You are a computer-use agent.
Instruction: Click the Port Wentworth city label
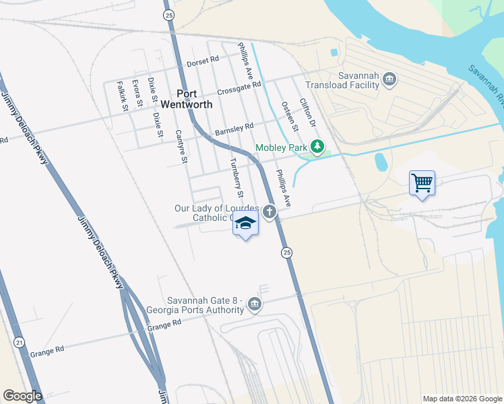tap(195, 99)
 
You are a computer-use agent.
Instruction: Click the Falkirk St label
tap(122, 95)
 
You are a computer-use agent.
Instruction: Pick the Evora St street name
tap(137, 93)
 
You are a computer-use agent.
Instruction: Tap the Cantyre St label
tap(180, 147)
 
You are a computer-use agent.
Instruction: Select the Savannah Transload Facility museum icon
tap(389, 80)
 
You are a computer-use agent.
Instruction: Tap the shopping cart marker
tap(422, 182)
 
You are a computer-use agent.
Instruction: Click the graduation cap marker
tap(246, 224)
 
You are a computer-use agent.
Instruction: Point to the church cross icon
tap(269, 213)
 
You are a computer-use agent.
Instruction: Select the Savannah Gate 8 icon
tap(254, 304)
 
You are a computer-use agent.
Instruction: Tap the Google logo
tap(22, 396)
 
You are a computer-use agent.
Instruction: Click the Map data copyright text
tap(462, 399)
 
